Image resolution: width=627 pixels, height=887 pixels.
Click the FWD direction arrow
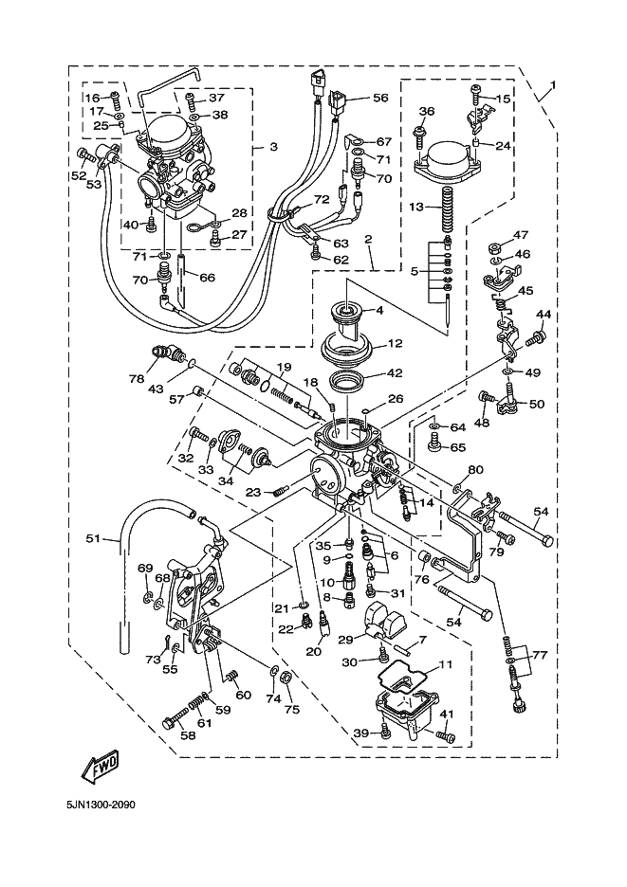coord(97,769)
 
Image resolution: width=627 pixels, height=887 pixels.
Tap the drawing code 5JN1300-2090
coord(101,806)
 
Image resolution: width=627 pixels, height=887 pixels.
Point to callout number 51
coord(93,539)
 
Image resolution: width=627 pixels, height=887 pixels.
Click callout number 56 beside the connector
coord(380,98)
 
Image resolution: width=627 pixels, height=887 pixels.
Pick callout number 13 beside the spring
coord(416,207)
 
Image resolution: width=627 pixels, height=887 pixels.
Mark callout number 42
coord(394,373)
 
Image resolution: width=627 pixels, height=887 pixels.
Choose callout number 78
coord(138,378)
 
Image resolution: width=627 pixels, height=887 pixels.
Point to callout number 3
coord(273,147)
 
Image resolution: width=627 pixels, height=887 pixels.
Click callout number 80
coord(475,469)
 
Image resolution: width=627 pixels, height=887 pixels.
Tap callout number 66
coord(207,277)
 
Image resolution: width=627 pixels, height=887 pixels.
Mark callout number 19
coord(284,366)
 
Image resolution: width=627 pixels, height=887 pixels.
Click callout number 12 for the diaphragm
coord(394,343)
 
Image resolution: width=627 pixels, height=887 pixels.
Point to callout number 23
coord(252,492)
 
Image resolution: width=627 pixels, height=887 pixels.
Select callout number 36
coord(426,112)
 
